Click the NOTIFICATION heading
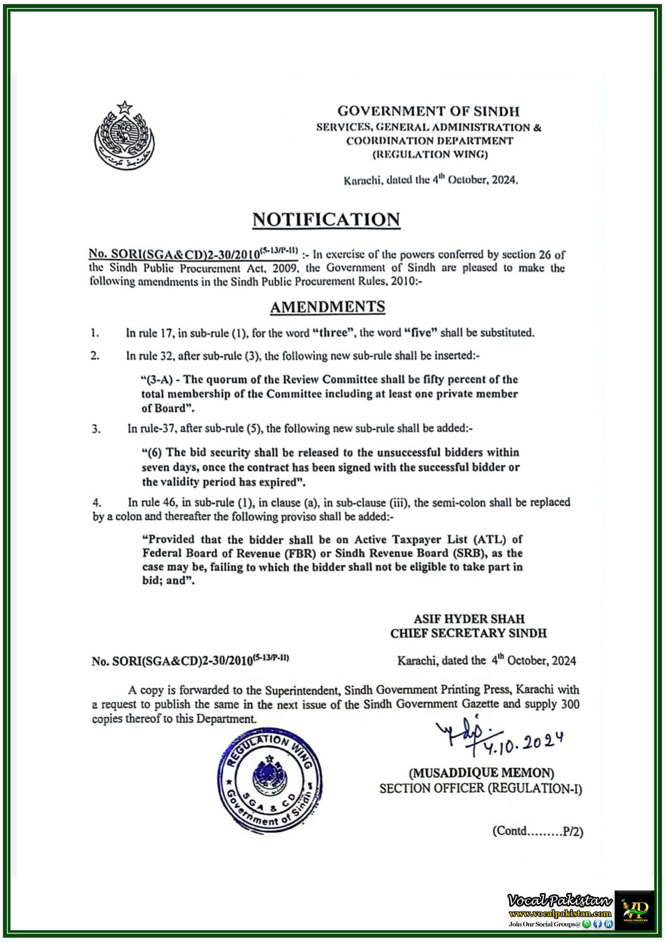(x=326, y=220)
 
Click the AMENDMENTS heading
(x=327, y=307)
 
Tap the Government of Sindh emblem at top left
(x=124, y=135)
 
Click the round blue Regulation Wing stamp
(x=270, y=780)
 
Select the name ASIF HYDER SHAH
(x=469, y=619)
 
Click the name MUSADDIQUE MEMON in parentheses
(x=482, y=772)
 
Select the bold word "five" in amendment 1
(x=420, y=333)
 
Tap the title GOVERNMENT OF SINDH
(x=428, y=111)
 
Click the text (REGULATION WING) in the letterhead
(x=430, y=155)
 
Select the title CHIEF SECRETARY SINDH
(x=468, y=633)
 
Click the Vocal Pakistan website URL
(x=560, y=913)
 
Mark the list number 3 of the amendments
(x=96, y=429)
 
